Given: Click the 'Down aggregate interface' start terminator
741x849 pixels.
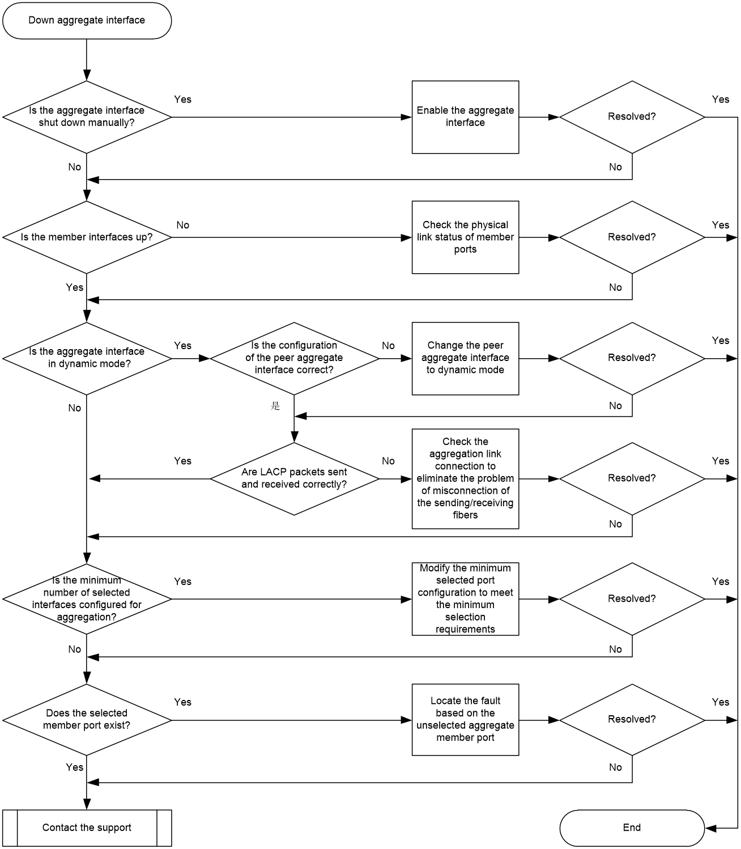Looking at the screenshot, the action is [87, 20].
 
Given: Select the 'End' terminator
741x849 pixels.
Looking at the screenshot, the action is [632, 827].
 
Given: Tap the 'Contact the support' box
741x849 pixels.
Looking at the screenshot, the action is [87, 827].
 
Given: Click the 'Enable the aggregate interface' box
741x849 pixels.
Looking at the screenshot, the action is [465, 117].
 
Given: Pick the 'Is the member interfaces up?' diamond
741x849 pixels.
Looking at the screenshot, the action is [87, 237].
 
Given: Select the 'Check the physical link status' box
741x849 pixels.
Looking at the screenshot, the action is [465, 237].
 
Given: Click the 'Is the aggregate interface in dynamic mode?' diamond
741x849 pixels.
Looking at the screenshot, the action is [87, 358].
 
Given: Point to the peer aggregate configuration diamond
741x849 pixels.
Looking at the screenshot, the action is [294, 358].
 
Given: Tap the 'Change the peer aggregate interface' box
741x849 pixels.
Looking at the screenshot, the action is [465, 358].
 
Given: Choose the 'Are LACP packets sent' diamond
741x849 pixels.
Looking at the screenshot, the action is [294, 478].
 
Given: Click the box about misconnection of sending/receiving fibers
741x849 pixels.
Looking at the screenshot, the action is [465, 478].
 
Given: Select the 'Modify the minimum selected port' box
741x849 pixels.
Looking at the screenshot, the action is [465, 599].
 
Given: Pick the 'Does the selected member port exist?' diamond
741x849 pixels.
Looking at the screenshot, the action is [87, 720].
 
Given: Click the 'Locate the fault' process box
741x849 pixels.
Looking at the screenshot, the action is [465, 720].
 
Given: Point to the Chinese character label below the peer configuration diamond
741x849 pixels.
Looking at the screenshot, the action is [275, 405].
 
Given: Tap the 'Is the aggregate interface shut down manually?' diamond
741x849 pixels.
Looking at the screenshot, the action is [87, 117].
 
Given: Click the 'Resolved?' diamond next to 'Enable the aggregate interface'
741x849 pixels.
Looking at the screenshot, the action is [632, 117].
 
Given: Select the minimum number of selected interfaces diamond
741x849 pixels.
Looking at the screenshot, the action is [87, 599].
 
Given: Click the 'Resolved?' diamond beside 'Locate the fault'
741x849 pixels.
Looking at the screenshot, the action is [632, 720].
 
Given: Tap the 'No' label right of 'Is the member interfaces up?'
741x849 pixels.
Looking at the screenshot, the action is [182, 225].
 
